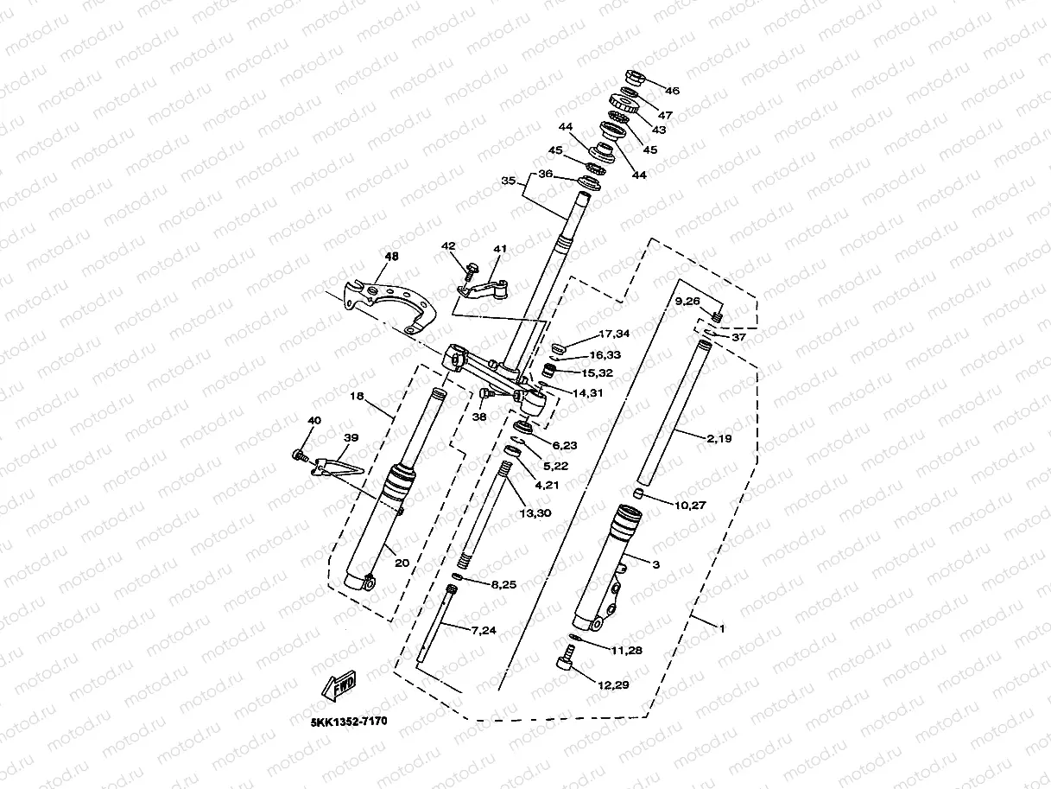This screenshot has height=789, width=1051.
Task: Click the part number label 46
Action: tap(672, 91)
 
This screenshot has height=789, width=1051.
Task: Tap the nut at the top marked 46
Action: tap(630, 77)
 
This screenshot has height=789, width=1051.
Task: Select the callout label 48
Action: tap(392, 257)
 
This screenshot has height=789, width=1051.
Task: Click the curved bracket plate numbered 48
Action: tap(393, 298)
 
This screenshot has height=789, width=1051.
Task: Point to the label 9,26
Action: tap(688, 301)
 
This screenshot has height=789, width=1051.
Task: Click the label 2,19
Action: tap(719, 439)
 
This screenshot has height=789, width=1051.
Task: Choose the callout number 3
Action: tap(655, 564)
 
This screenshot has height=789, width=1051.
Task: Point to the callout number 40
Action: tap(314, 421)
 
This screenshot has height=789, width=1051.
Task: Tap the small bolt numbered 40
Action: tap(299, 454)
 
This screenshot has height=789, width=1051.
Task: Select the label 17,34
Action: tap(613, 334)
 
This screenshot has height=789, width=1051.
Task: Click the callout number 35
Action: tap(508, 181)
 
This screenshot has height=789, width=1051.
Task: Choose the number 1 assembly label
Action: tap(722, 628)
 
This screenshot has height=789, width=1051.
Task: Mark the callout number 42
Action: tap(447, 246)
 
